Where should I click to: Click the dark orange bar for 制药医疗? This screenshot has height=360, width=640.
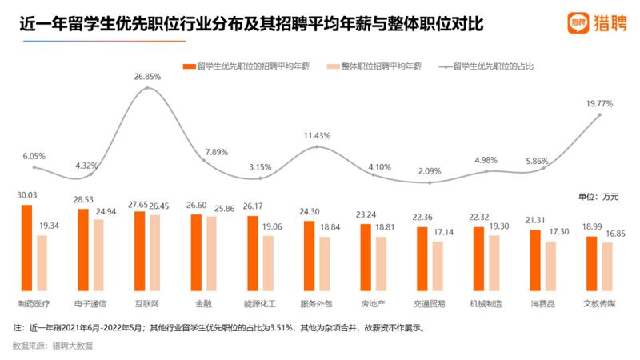(26, 247)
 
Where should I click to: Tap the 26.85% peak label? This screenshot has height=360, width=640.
(149, 77)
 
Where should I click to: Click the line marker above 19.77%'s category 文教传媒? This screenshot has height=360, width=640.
(599, 116)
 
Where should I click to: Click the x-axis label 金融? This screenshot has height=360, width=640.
(202, 304)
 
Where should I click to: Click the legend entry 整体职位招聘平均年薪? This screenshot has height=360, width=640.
(382, 66)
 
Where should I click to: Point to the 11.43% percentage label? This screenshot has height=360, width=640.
(317, 135)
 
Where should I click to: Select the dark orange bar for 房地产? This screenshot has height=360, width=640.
(366, 257)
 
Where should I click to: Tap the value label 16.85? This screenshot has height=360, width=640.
(613, 234)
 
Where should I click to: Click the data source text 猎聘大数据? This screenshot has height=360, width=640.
(72, 346)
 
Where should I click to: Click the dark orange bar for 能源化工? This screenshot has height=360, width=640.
(253, 253)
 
